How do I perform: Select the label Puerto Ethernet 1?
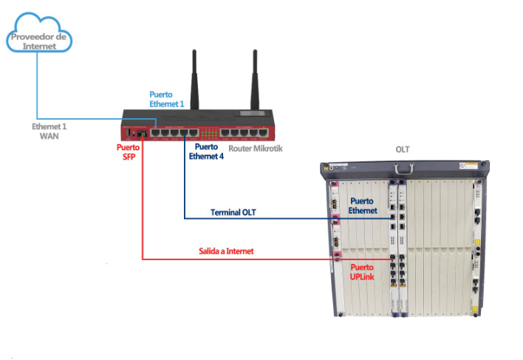point(166,99)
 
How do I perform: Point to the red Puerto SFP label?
point(128,152)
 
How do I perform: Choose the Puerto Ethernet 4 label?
point(205,152)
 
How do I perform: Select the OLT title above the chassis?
point(403,150)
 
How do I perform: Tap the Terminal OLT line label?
point(233,212)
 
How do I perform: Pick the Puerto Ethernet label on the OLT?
point(363,206)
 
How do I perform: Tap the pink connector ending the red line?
point(336,258)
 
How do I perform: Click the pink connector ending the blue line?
point(336,220)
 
